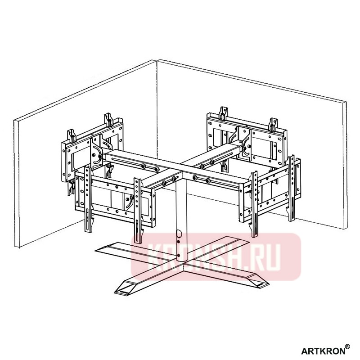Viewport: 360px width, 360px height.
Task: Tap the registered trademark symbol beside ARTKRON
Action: pyautogui.click(x=347, y=346)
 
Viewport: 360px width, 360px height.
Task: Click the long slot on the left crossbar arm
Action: pyautogui.click(x=135, y=161)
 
